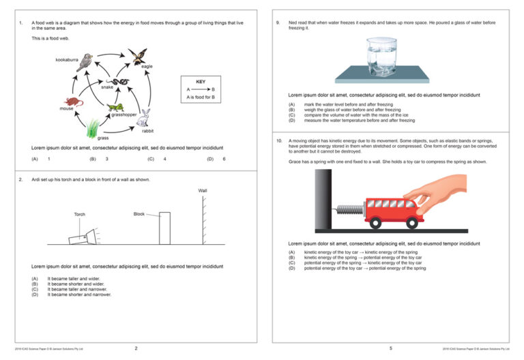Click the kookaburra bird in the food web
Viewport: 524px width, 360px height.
coord(85,63)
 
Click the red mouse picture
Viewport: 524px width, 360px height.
coord(74,101)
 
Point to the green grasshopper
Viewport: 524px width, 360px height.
coord(115,107)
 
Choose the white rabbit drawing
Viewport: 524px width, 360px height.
coord(143,119)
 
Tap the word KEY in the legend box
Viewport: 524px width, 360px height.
coord(201,82)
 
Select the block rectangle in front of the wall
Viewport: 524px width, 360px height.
coord(164,228)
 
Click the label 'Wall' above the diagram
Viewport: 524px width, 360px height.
coord(203,191)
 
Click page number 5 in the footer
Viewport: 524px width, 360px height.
coord(391,348)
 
